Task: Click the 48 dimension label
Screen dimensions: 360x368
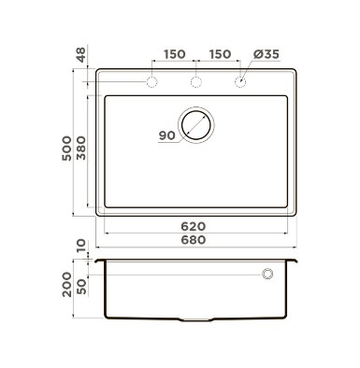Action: pyautogui.click(x=81, y=54)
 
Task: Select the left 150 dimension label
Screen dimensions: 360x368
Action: pyautogui.click(x=175, y=54)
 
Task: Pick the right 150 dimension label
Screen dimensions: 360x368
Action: pyautogui.click(x=220, y=54)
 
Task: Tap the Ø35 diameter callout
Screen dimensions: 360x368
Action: pyautogui.click(x=266, y=54)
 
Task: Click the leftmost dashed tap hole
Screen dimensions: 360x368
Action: pyautogui.click(x=151, y=82)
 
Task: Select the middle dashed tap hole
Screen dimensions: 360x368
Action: pyautogui.click(x=196, y=82)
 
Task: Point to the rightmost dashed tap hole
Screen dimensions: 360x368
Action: pyautogui.click(x=240, y=82)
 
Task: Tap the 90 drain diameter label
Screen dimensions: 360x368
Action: pyautogui.click(x=166, y=135)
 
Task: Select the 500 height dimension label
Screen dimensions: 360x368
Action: pyautogui.click(x=66, y=149)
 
